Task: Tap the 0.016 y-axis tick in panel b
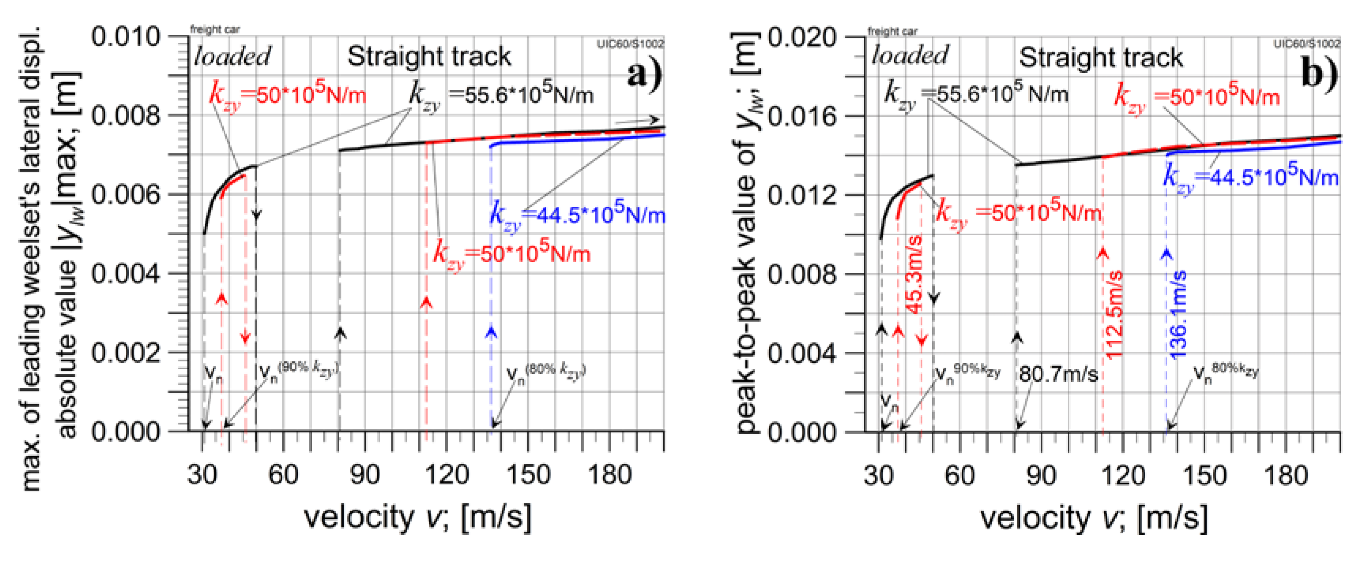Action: [802, 116]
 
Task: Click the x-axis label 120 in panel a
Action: [447, 474]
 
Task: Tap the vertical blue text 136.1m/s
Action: [1179, 315]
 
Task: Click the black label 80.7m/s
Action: [1058, 374]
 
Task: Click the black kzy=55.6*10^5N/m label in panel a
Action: [501, 95]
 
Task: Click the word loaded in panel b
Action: [910, 55]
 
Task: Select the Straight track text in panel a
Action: [429, 57]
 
